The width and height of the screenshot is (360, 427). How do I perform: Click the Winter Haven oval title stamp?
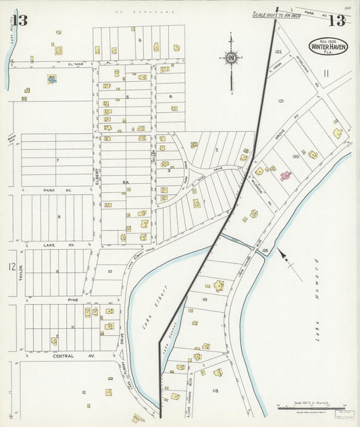(x=329, y=47)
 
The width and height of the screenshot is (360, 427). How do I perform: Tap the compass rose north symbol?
(x=231, y=57)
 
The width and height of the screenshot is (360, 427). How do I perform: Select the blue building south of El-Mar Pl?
(x=51, y=79)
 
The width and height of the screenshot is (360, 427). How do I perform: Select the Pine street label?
(x=73, y=298)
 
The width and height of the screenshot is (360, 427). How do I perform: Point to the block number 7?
(x=57, y=161)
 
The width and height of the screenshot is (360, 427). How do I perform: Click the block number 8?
(x=59, y=217)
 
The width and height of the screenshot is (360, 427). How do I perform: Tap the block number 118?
(x=215, y=391)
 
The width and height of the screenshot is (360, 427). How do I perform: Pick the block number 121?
(x=281, y=101)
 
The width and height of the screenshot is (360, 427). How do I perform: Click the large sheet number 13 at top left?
(x=19, y=20)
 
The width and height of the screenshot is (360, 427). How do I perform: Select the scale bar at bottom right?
(x=311, y=407)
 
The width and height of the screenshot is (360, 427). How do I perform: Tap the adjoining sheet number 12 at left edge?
(x=11, y=268)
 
